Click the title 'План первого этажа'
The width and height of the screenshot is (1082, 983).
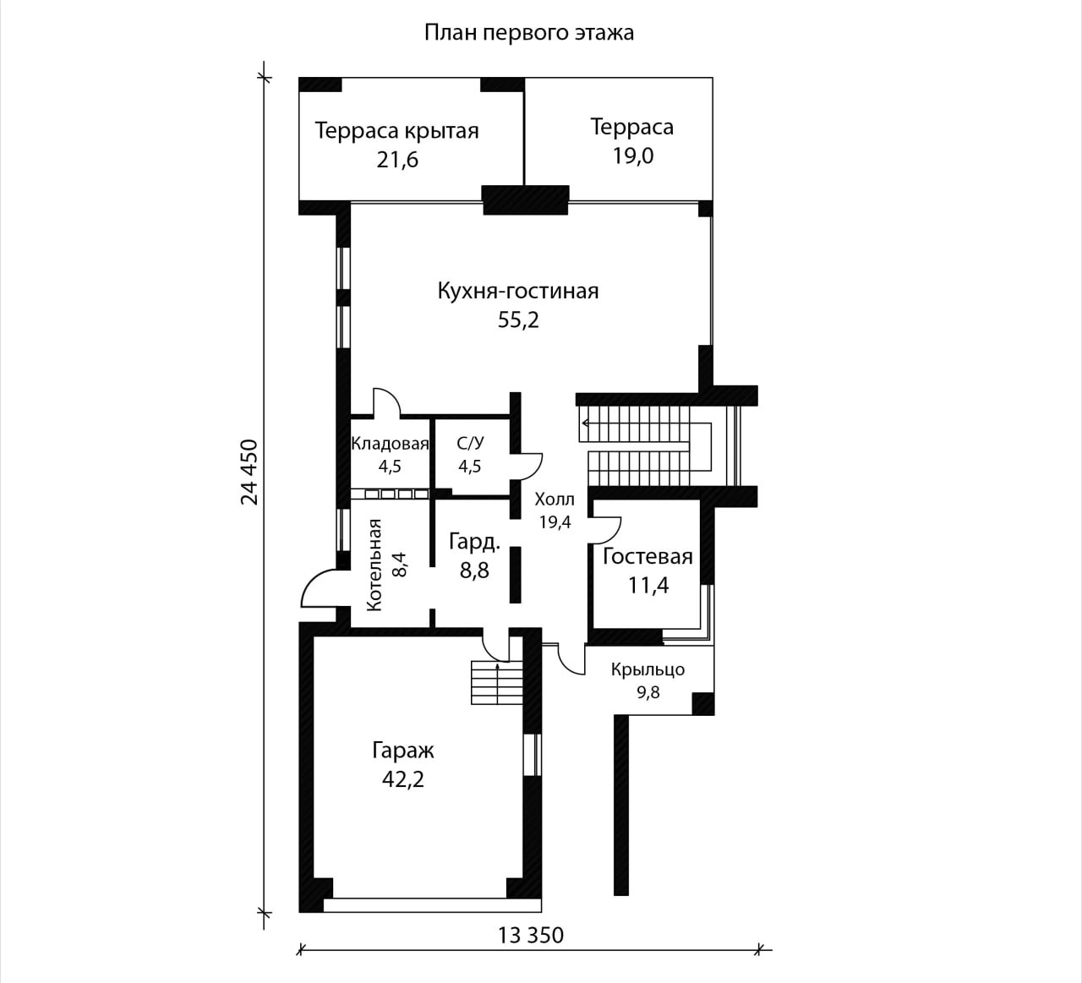[x=528, y=33]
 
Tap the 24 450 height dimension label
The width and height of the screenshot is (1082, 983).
[x=249, y=472]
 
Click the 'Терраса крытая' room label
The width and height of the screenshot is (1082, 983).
[x=397, y=131]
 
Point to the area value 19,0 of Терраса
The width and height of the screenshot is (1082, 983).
[x=632, y=156]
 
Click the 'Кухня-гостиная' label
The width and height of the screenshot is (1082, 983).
[x=518, y=291]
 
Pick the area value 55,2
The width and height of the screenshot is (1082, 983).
[x=518, y=320]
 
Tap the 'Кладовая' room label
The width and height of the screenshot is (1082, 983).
[x=390, y=444]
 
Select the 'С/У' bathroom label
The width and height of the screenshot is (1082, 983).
[x=470, y=444]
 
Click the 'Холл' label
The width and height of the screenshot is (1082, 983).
[x=555, y=499]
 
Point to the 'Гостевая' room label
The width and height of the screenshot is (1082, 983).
[x=648, y=556]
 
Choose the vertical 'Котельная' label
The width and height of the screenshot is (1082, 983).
[x=374, y=565]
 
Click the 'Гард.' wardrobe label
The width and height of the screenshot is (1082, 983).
[x=475, y=543]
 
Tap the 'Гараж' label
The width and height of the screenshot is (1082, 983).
[x=403, y=751]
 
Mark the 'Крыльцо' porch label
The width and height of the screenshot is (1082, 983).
[x=648, y=669]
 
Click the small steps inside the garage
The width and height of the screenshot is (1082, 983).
[x=497, y=682]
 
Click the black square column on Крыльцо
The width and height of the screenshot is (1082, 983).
[x=702, y=704]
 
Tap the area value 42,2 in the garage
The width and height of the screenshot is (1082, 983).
[x=403, y=779]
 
